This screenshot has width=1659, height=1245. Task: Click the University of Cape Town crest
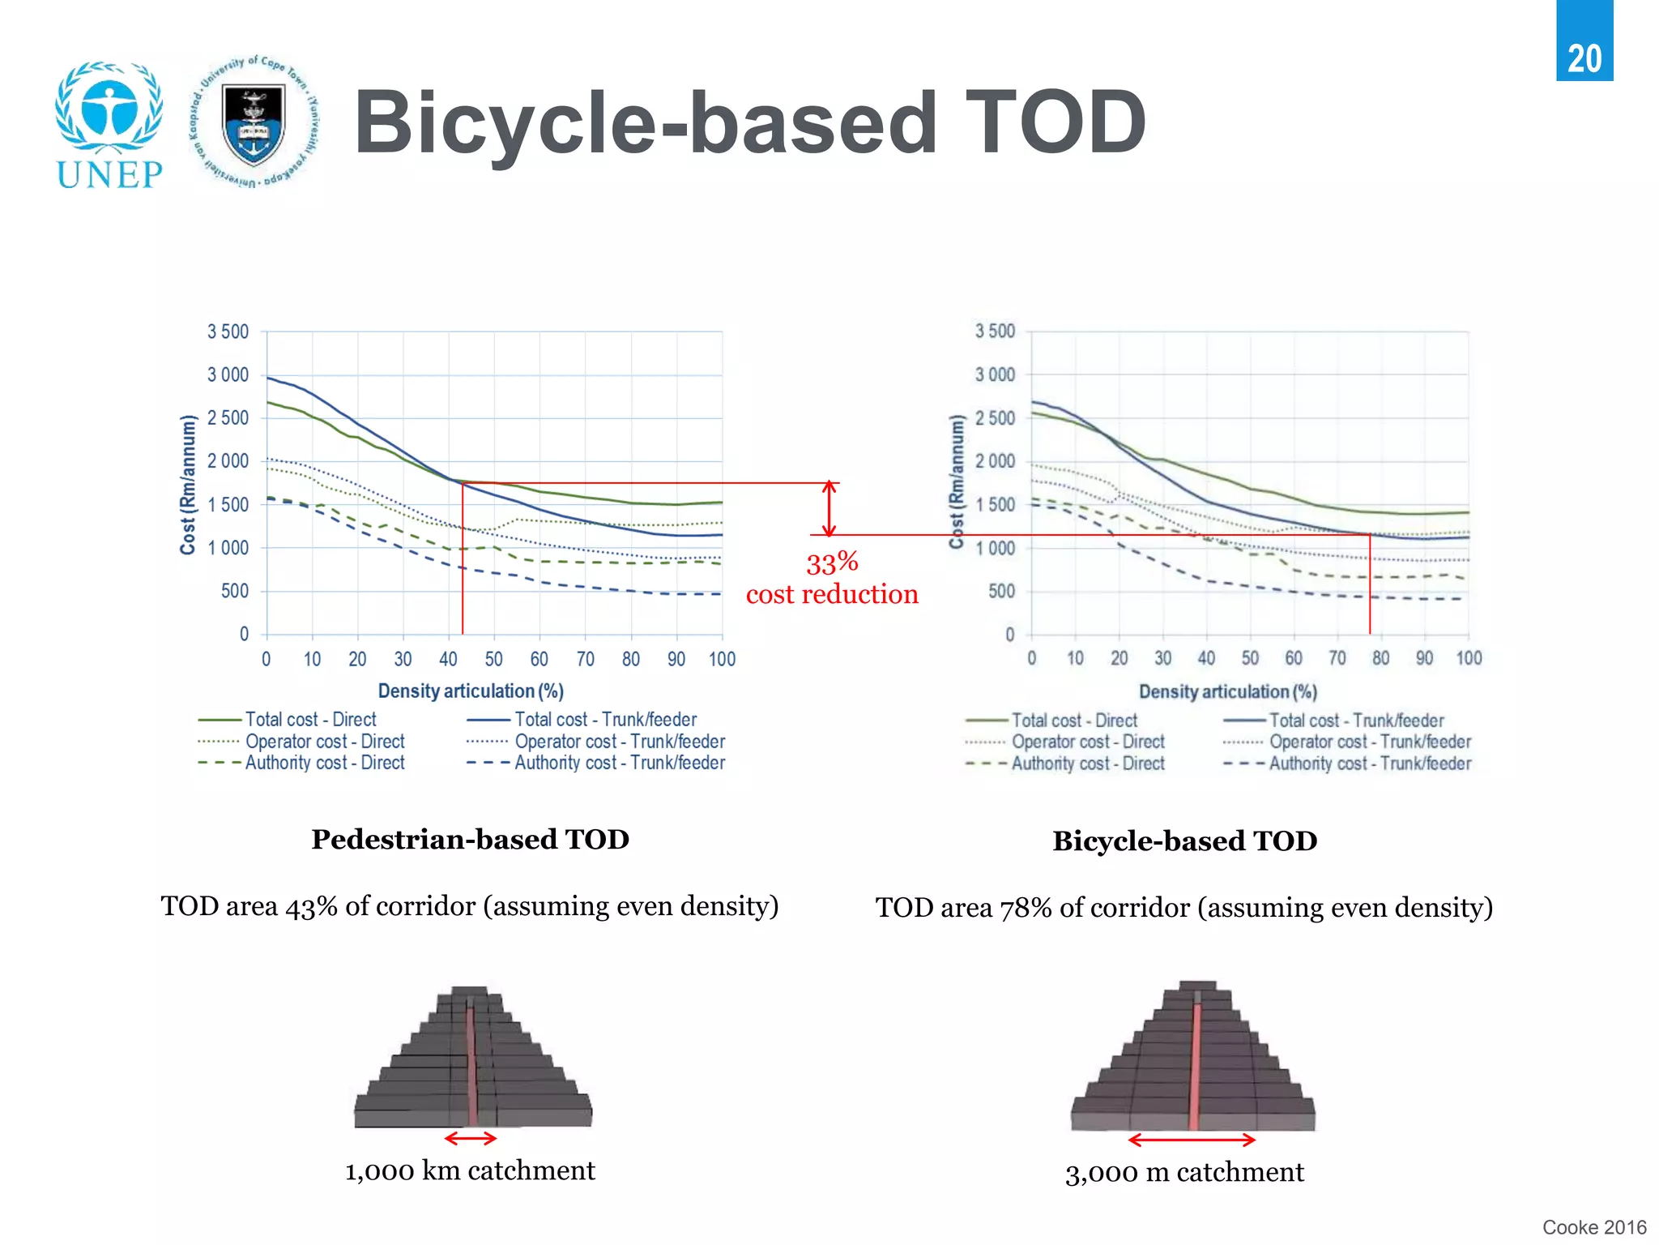pyautogui.click(x=254, y=122)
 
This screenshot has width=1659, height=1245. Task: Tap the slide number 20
pyautogui.click(x=1584, y=59)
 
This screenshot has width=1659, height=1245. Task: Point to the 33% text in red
pyautogui.click(x=832, y=563)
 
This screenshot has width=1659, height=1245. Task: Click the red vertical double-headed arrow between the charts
pyautogui.click(x=829, y=509)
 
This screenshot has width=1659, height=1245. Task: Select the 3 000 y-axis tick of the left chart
pyautogui.click(x=228, y=374)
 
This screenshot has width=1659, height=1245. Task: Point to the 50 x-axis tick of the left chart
pyautogui.click(x=493, y=659)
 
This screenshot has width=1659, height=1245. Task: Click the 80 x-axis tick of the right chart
pyautogui.click(x=1380, y=658)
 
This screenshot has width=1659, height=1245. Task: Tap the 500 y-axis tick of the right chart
pyautogui.click(x=1000, y=591)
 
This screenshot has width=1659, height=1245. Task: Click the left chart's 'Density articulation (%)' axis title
pyautogui.click(x=471, y=691)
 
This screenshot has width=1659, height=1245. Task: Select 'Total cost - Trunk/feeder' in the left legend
pyautogui.click(x=605, y=720)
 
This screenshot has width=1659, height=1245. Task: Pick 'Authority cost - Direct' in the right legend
pyautogui.click(x=1087, y=764)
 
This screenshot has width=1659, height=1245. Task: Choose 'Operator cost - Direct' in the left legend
pyautogui.click(x=324, y=742)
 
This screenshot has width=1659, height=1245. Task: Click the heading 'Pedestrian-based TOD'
pyautogui.click(x=470, y=840)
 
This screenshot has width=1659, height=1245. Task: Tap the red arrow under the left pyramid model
pyautogui.click(x=471, y=1138)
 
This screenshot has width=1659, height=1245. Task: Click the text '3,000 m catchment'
pyautogui.click(x=1184, y=1172)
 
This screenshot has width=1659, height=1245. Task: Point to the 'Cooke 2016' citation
pyautogui.click(x=1593, y=1227)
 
